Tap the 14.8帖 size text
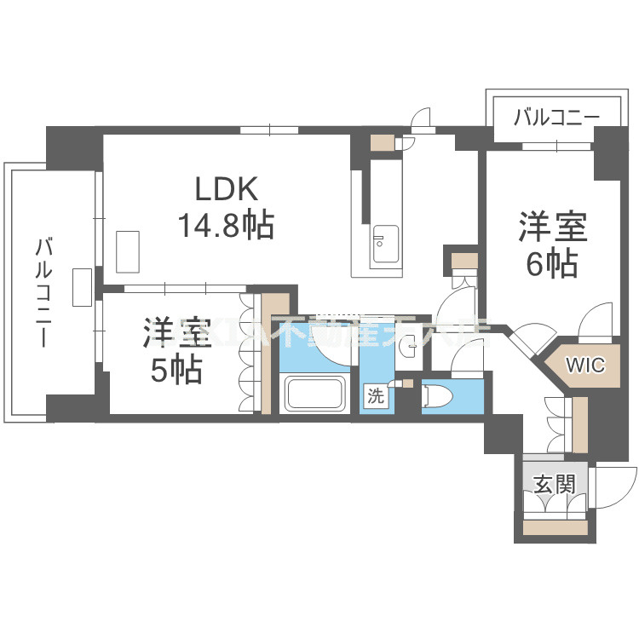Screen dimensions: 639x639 (x=225, y=225)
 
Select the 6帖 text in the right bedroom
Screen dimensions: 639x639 (x=551, y=265)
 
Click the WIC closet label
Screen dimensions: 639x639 (x=586, y=366)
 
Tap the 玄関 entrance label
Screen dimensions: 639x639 (x=554, y=485)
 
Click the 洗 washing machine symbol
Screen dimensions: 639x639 (x=375, y=394)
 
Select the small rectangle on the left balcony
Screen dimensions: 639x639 (x=83, y=287)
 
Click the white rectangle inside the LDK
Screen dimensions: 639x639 (x=130, y=250)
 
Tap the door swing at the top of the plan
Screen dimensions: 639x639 (x=418, y=119)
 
